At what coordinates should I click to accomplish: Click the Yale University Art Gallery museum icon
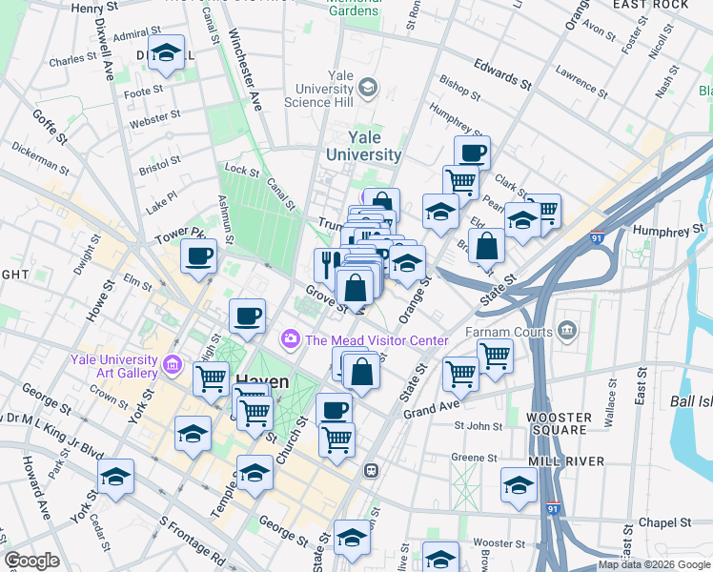(x=173, y=363)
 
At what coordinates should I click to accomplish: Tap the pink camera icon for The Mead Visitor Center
(x=290, y=339)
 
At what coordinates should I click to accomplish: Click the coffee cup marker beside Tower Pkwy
(x=198, y=256)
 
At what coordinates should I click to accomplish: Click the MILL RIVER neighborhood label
(x=566, y=460)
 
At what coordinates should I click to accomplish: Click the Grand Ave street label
(x=432, y=412)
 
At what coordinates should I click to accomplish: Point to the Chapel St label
(x=664, y=522)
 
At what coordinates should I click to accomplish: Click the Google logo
(x=31, y=561)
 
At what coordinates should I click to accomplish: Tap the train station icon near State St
(x=372, y=470)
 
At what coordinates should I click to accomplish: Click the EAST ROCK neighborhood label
(x=651, y=5)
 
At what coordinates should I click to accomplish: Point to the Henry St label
(x=93, y=8)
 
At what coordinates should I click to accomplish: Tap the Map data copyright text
(x=654, y=564)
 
